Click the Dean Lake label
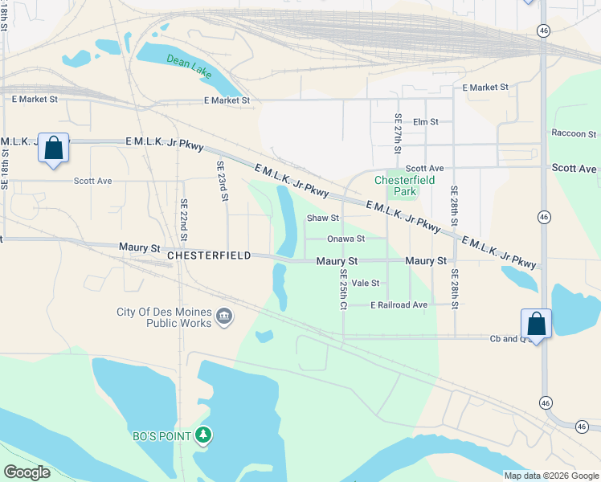coord(190,65)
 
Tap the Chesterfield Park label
coord(405,186)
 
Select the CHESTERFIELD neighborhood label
coord(210,255)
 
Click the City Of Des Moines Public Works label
coord(165,317)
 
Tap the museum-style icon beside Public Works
coord(224,317)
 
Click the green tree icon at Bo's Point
coord(205,435)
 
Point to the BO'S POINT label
coord(161,436)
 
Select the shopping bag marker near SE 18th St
coord(53,149)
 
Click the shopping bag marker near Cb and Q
coord(536,325)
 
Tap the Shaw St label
coord(324,218)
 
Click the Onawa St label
coord(346,239)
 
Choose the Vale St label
coord(366,283)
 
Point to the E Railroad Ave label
coord(399,305)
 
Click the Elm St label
coord(426,122)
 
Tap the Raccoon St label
coord(574,133)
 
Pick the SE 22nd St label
coord(184,219)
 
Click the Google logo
coord(27,472)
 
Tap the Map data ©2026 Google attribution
coord(550,475)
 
